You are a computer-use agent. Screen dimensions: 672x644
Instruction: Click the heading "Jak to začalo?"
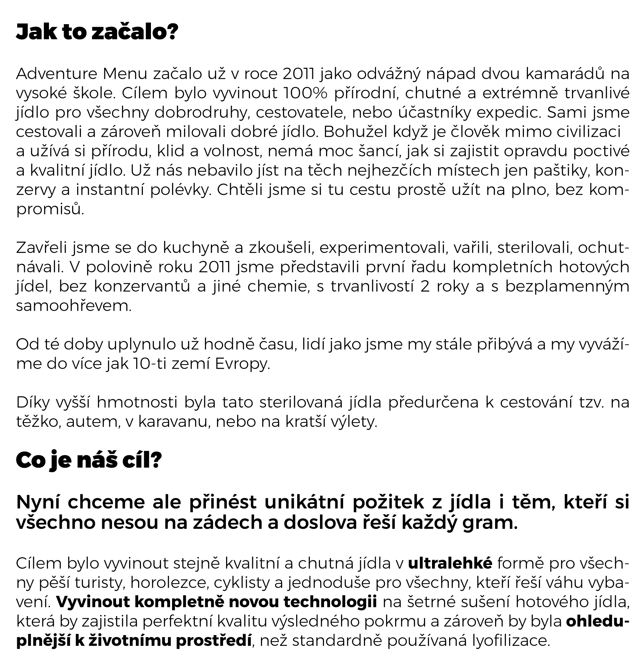97,33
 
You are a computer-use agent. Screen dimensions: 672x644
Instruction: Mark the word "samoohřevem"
74,306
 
